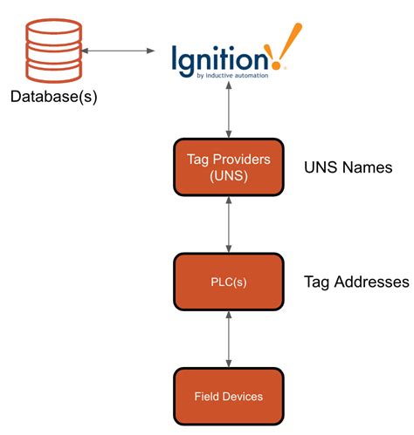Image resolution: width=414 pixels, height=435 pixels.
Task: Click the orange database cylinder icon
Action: click(x=52, y=50)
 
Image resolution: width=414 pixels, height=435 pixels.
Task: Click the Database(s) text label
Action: click(x=52, y=96)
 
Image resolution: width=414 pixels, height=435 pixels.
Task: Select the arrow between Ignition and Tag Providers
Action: click(x=228, y=112)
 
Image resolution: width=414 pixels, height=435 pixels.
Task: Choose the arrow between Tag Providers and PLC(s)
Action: click(x=228, y=224)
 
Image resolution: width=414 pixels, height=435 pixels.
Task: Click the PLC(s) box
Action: click(x=228, y=281)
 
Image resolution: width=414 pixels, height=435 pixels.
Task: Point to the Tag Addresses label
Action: click(x=355, y=282)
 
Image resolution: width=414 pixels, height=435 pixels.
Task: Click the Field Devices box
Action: click(x=228, y=397)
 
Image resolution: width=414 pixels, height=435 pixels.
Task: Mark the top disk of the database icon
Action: click(x=52, y=30)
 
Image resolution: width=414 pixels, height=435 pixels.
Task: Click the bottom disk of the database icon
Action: click(x=52, y=70)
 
